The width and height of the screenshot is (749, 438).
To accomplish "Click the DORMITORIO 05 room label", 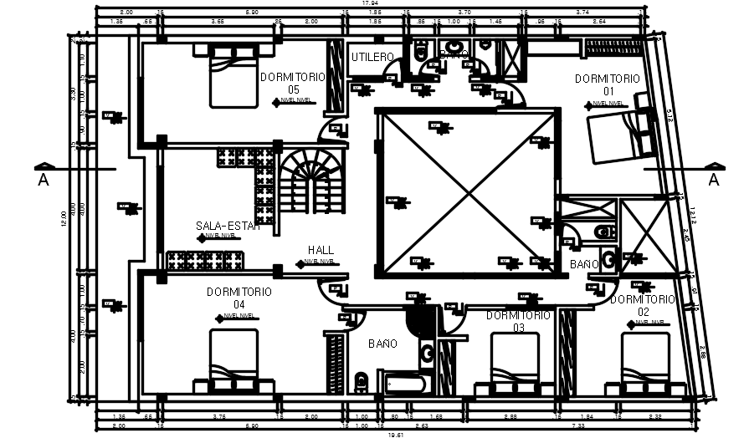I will pyautogui.click(x=292, y=83).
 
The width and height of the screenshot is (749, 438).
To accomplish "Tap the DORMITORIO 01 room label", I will pyautogui.click(x=607, y=84).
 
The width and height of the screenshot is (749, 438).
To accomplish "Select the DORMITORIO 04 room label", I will pyautogui.click(x=239, y=298).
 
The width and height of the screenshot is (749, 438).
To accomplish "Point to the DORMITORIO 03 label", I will pyautogui.click(x=518, y=321).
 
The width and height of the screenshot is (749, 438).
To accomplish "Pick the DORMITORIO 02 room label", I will pyautogui.click(x=642, y=305).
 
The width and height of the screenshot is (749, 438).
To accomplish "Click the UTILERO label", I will pyautogui.click(x=372, y=58).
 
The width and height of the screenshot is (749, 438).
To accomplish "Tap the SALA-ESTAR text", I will pyautogui.click(x=228, y=226).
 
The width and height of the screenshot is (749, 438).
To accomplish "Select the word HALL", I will pyautogui.click(x=321, y=250).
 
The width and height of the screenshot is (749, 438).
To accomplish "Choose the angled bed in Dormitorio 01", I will pyautogui.click(x=619, y=135).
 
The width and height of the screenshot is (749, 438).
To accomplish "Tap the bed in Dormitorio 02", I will pyautogui.click(x=645, y=363).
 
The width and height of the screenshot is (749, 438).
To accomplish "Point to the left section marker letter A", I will pyautogui.click(x=42, y=180).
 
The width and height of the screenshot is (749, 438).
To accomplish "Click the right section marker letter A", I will pyautogui.click(x=713, y=180).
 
